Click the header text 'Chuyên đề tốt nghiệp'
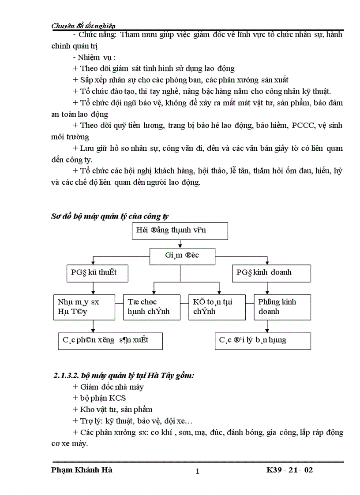(84, 26)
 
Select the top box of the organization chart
(180, 231)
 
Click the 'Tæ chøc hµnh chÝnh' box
(152, 307)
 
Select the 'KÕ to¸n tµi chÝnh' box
(217, 307)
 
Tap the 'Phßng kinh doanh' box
(282, 307)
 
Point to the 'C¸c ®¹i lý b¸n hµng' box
(263, 341)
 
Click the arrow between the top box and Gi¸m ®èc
(180, 244)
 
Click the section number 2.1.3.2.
(67, 376)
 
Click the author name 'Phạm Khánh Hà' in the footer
(82, 470)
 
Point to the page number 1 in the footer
(197, 471)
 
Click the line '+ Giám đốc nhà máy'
(108, 387)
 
